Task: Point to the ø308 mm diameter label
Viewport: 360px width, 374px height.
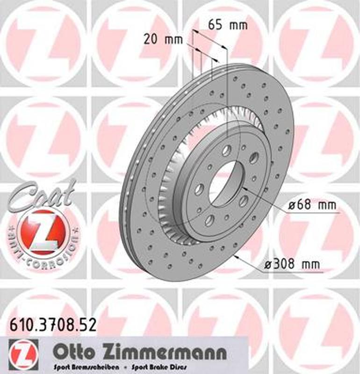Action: pyautogui.click(x=293, y=265)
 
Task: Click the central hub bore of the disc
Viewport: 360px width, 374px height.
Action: pyautogui.click(x=225, y=182)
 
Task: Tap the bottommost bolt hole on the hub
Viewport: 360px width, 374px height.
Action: pyautogui.click(x=209, y=220)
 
